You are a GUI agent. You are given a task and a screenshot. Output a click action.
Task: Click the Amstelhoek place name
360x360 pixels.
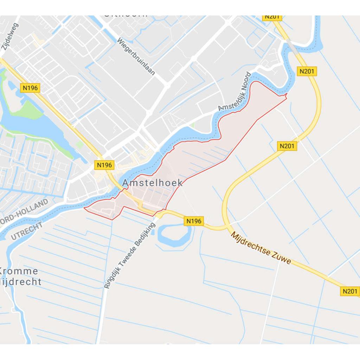153,183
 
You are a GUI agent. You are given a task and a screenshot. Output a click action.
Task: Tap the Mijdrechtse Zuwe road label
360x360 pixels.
261,248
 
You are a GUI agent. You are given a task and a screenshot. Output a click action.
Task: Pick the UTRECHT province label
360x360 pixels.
26,231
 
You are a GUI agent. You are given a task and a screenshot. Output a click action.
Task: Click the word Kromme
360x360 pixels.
18,271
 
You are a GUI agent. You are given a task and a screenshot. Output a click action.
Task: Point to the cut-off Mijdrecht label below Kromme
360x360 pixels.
21,282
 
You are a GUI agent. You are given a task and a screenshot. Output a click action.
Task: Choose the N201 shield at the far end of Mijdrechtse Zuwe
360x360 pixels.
350,291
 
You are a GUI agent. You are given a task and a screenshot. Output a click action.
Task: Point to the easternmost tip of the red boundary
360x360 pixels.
287,94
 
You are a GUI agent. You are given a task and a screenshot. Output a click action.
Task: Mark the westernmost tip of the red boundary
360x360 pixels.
84,207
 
